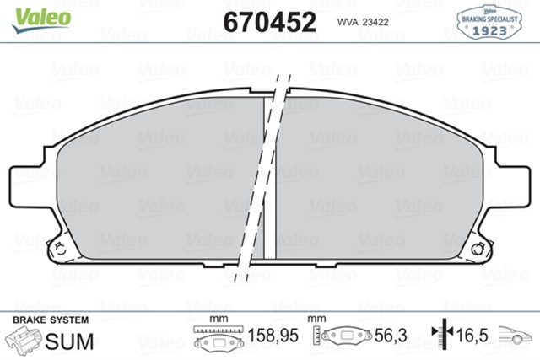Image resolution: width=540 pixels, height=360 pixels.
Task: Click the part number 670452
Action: [269, 22]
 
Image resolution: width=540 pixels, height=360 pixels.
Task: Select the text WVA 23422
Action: [364, 23]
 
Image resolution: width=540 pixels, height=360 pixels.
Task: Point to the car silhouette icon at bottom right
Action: [516, 337]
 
